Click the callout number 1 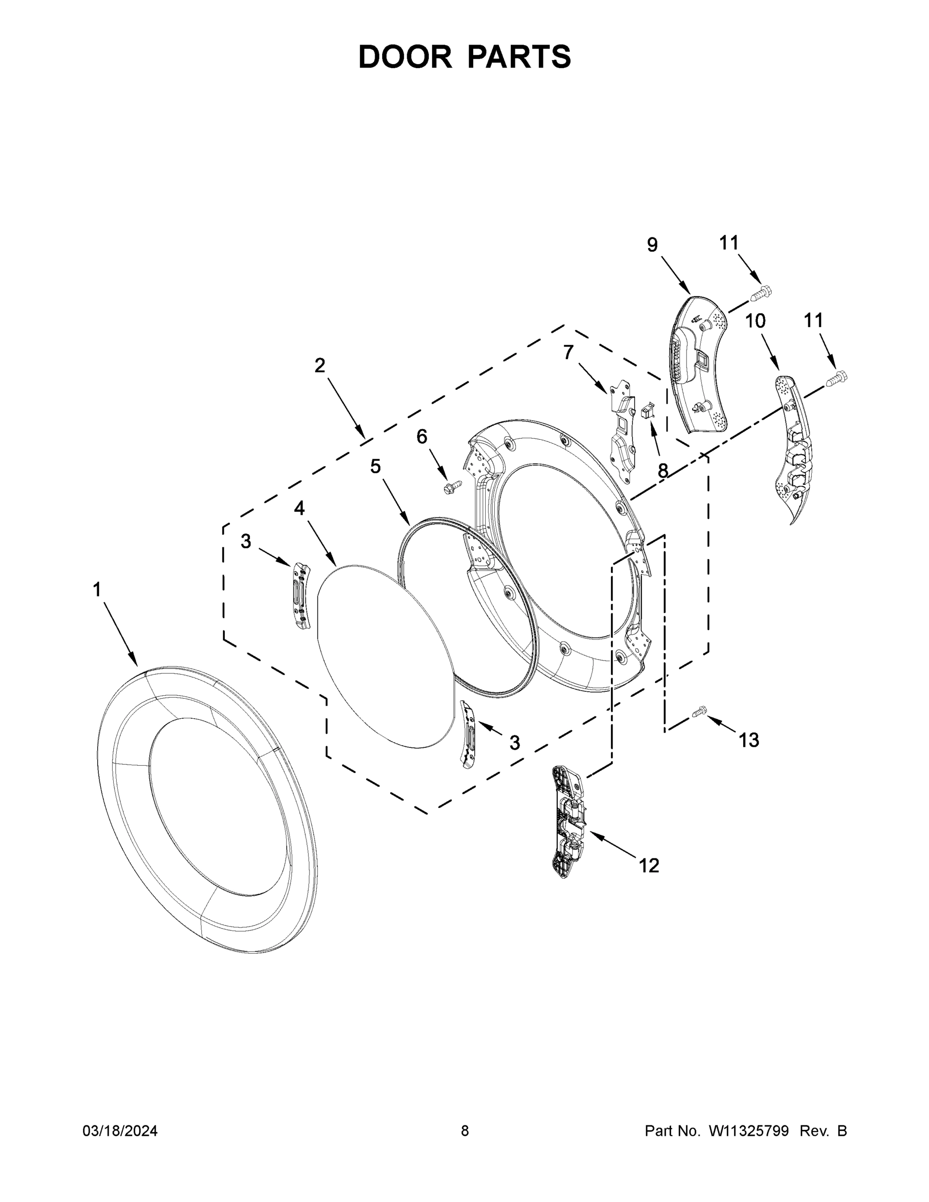tap(97, 589)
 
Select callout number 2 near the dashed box tap(320, 365)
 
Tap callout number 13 tap(749, 740)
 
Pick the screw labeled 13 tap(699, 712)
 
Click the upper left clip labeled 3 tap(301, 595)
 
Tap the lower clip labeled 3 tap(468, 734)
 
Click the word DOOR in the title tap(405, 57)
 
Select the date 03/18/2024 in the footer tap(120, 1130)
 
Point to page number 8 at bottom tap(465, 1130)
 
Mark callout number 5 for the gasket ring tap(375, 466)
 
